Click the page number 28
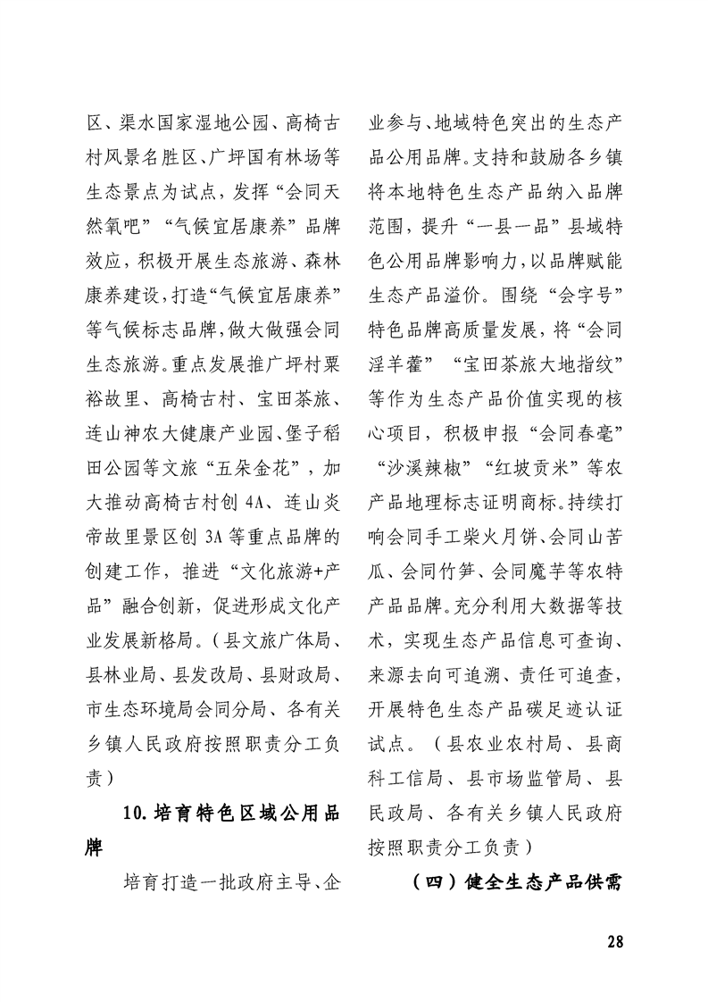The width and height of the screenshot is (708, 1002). click(x=613, y=941)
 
